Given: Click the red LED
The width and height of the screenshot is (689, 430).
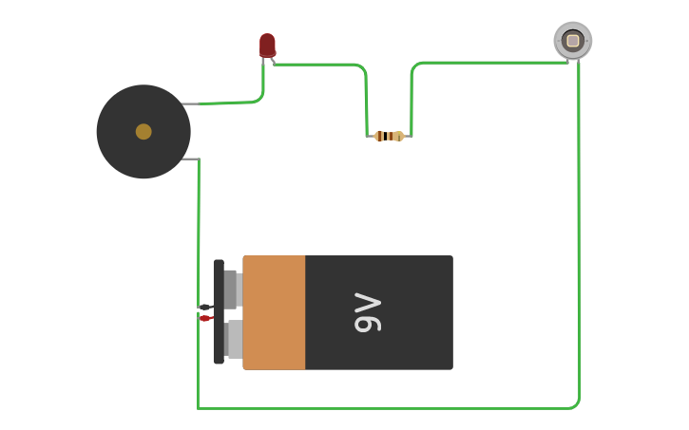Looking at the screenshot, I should [267, 45].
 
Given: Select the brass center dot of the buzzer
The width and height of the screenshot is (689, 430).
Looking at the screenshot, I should [144, 132].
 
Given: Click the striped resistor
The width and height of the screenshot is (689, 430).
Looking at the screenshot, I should [389, 136].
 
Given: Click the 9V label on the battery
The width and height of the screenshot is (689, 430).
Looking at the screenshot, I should [367, 313].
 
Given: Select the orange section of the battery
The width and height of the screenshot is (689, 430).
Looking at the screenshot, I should [274, 312].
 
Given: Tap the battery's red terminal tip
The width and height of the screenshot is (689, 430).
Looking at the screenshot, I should [204, 318].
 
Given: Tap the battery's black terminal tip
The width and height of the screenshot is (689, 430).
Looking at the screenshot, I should [204, 307].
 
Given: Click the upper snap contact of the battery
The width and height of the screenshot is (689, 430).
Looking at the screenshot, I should [232, 290].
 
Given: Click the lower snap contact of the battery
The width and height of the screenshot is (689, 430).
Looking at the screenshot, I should [234, 339].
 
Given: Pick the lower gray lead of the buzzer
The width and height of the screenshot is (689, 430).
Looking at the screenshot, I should [189, 159].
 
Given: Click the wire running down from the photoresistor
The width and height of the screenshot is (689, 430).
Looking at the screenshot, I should [578, 237].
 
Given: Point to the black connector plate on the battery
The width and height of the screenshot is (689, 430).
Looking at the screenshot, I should [219, 312].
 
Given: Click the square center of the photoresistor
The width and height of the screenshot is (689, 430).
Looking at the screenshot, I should [572, 41].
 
